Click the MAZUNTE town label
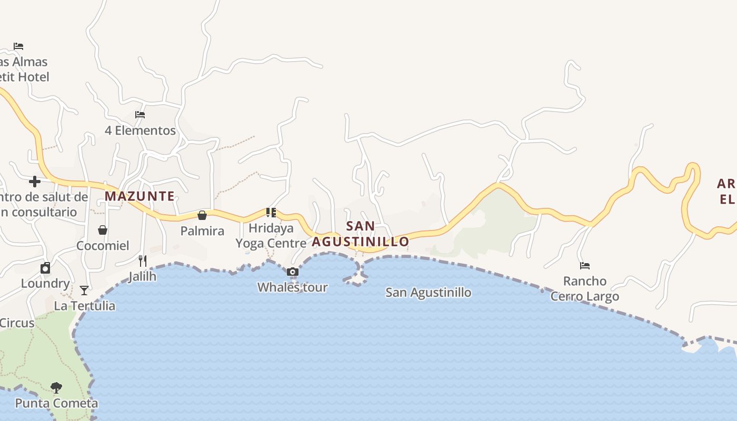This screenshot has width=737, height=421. click(140, 196)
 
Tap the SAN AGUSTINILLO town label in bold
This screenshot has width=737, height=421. click(361, 234)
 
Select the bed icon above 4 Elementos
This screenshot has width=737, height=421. click(140, 115)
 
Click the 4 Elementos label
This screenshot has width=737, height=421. click(140, 131)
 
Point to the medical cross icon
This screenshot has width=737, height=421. click(35, 182)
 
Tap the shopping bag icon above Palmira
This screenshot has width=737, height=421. click(202, 215)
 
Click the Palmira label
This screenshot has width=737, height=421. click(202, 231)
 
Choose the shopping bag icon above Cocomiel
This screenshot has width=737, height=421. click(103, 230)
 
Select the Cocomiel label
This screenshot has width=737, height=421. click(103, 246)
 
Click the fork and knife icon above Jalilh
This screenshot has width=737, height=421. click(142, 260)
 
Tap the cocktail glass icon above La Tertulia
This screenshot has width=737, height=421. click(84, 290)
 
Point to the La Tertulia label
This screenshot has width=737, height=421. click(84, 306)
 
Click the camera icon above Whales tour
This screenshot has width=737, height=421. click(293, 272)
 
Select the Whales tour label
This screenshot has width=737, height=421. click(293, 288)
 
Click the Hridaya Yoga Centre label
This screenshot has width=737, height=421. click(271, 236)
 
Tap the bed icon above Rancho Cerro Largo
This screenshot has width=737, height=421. click(585, 266)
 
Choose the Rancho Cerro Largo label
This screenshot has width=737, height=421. click(585, 289)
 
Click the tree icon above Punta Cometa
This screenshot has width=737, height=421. click(56, 388)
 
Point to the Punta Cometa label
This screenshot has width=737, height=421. click(56, 404)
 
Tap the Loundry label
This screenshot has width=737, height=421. click(45, 284)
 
